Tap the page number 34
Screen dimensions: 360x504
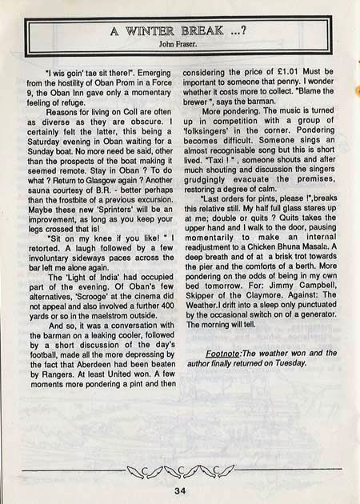tap(180, 490)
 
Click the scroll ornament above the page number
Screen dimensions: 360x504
tap(180, 467)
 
